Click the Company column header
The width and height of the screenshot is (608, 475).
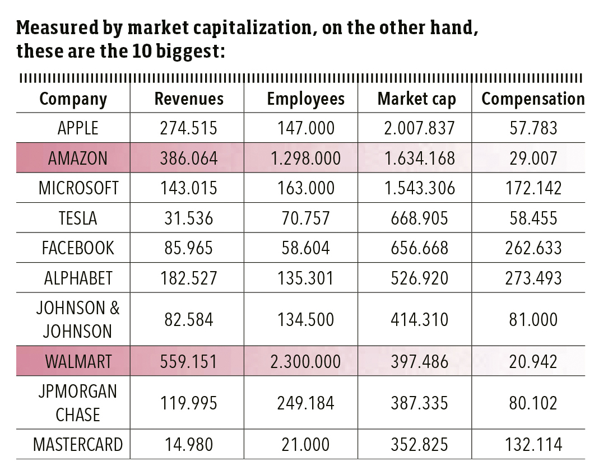coord(73,99)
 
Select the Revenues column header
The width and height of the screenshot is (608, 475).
coord(189,99)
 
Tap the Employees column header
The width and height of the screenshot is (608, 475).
coord(305,99)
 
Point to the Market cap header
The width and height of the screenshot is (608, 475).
coord(416,99)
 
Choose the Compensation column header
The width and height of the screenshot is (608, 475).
coord(533,99)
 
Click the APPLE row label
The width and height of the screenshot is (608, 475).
coord(78,128)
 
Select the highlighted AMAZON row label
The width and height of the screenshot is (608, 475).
coord(78,158)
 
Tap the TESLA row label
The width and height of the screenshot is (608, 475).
coord(78,218)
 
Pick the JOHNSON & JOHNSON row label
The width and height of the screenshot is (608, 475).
coord(78,319)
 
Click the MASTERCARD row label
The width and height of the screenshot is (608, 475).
coord(78,445)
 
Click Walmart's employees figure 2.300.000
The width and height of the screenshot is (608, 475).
coord(305,361)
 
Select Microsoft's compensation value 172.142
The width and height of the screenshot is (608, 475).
coord(533,188)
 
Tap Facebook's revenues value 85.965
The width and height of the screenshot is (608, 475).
coord(189,248)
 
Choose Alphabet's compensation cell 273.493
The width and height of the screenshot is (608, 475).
coord(533,278)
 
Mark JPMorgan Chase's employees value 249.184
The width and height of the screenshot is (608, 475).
coord(305,403)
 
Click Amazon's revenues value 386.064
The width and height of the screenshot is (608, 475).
coord(189,158)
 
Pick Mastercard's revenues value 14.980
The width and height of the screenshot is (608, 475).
coord(189,445)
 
